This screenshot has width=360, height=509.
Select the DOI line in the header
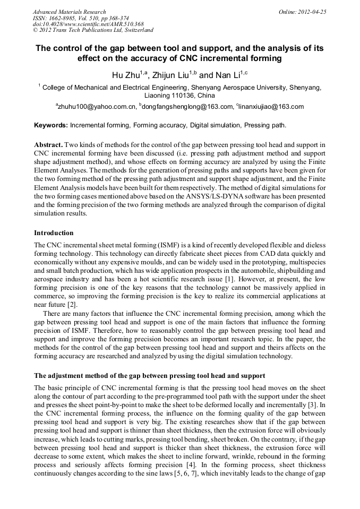tap(88, 24)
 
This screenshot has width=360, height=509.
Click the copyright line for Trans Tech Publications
tap(93, 30)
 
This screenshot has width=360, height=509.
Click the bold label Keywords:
tap(51, 126)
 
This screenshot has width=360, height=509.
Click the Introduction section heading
tap(54, 233)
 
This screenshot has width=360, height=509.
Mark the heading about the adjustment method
tap(149, 376)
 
